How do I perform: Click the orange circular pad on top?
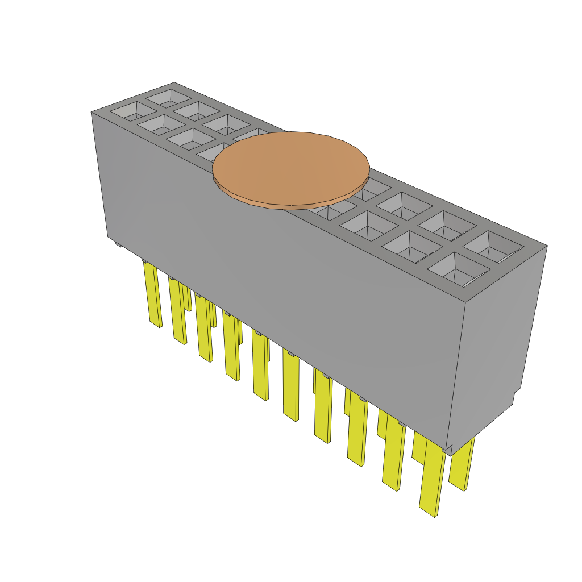coord(291,169)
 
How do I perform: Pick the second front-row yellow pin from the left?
coord(178,311)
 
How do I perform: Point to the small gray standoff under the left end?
coord(118,244)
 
